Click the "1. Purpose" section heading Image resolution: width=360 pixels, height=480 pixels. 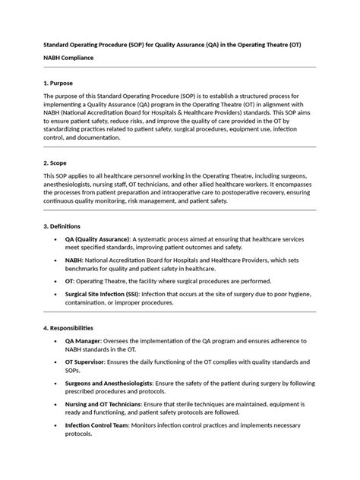click(x=58, y=82)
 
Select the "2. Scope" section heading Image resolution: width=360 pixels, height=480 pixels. click(x=56, y=163)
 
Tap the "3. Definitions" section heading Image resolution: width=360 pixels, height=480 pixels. click(x=64, y=226)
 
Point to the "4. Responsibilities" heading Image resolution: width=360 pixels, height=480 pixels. click(x=68, y=327)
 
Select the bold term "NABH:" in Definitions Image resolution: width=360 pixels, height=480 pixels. click(x=74, y=259)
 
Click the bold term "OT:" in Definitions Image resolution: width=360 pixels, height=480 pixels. click(x=71, y=280)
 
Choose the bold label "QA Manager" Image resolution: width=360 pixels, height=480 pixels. click(x=83, y=341)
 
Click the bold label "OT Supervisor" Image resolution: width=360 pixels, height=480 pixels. click(x=86, y=362)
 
